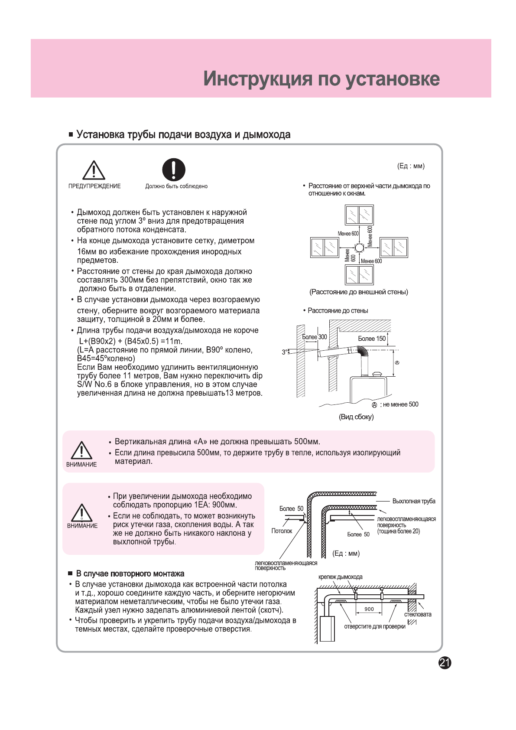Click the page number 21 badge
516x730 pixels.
[445, 662]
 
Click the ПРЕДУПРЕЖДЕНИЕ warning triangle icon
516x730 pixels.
[94, 170]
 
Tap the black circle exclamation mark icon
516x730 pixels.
[174, 169]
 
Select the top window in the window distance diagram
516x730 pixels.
[359, 215]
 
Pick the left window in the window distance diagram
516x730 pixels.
[325, 248]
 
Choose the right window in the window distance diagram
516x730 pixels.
[394, 248]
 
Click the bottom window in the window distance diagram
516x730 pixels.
[359, 275]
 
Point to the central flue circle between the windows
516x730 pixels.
[359, 248]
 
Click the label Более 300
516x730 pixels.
[315, 337]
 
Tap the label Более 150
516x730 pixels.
[371, 339]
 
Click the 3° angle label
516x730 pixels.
[285, 352]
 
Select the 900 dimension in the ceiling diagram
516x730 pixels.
[369, 609]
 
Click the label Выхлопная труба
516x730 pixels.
[414, 501]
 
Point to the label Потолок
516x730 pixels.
[282, 531]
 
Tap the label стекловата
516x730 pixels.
[418, 614]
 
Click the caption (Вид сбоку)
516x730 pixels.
[356, 417]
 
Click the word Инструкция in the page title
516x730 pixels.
[258, 79]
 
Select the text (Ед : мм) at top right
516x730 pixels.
[411, 166]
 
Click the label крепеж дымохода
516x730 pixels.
[340, 577]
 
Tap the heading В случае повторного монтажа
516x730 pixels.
[130, 574]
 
